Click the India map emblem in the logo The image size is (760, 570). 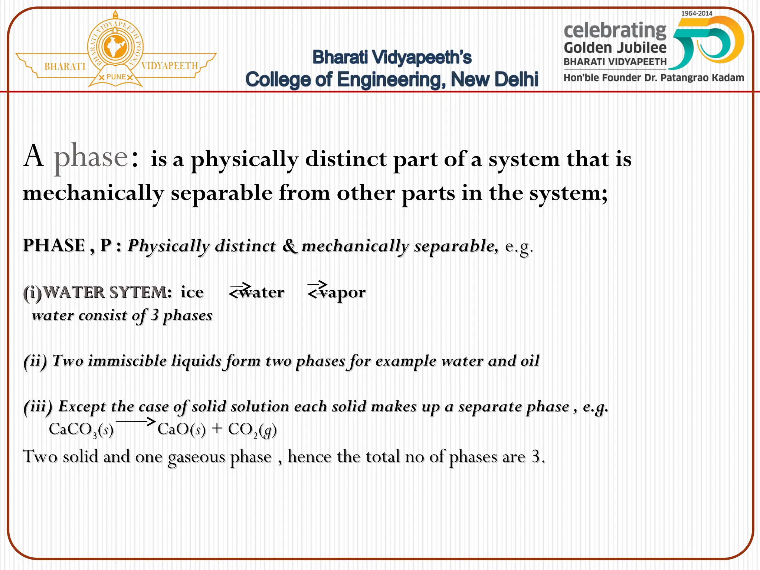coord(115,47)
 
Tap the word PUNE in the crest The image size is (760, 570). coord(116,77)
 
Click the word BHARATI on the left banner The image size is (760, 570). coord(65,66)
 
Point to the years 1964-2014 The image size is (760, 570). coord(697,13)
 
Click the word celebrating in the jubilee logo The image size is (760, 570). coord(615,30)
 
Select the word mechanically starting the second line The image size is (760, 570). coord(93,193)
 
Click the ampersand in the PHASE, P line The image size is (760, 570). coord(289,246)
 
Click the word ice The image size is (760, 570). coord(192,292)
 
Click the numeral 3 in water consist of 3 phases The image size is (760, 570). coord(154,315)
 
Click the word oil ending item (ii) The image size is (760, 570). coord(530,361)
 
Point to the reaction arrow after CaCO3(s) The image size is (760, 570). coord(135,422)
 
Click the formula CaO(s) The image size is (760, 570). coord(181,430)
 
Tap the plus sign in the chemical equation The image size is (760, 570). coord(217,429)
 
